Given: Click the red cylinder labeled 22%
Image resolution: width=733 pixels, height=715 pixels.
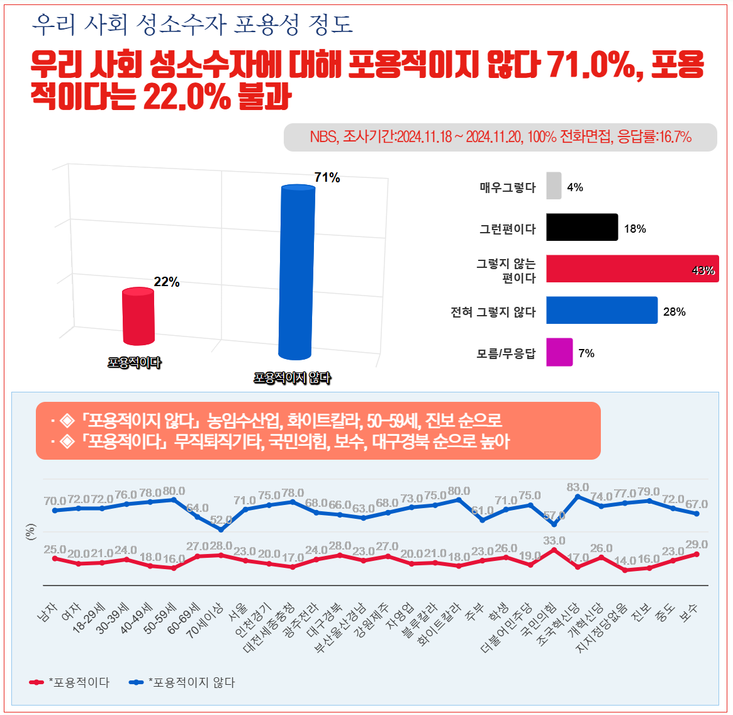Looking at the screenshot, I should [x=138, y=316].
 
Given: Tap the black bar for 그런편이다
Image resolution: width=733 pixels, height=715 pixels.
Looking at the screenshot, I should [x=581, y=228].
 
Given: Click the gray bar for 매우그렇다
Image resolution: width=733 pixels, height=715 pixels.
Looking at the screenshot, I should [x=554, y=186].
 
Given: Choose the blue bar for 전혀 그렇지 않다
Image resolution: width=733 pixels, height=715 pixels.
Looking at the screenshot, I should [x=602, y=311].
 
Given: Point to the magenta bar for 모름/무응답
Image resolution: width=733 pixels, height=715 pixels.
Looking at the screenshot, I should [x=559, y=352].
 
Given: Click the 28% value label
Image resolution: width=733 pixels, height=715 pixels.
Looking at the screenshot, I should [x=674, y=312].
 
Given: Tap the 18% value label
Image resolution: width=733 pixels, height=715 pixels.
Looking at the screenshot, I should [x=635, y=229].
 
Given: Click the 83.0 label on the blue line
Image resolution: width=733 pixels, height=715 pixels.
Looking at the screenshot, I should [x=578, y=487].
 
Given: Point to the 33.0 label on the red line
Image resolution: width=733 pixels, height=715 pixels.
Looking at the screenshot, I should [x=554, y=541].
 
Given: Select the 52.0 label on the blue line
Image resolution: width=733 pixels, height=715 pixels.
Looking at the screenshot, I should [x=221, y=520].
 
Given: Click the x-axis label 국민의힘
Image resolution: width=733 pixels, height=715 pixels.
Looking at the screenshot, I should [x=540, y=619].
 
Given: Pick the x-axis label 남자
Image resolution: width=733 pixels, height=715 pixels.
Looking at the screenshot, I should [x=48, y=612].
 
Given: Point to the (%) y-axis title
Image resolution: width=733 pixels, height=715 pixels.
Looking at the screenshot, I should [x=30, y=532].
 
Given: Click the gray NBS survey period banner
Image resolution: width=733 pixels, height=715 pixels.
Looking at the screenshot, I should [x=500, y=137].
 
